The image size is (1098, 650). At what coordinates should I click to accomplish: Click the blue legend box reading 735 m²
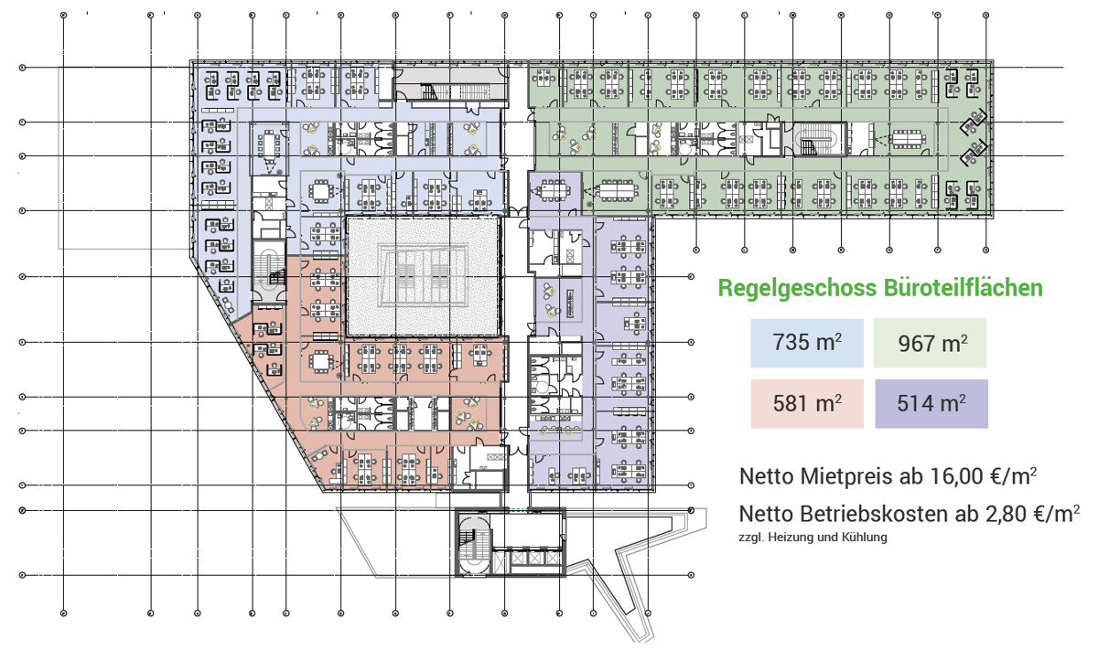pyautogui.click(x=806, y=343)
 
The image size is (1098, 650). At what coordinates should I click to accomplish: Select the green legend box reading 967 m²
pyautogui.click(x=930, y=343)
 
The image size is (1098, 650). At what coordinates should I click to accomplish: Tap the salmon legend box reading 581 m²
pyautogui.click(x=806, y=403)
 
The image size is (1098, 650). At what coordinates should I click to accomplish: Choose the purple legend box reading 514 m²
pyautogui.click(x=930, y=403)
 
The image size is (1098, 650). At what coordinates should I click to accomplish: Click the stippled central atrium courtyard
pyautogui.click(x=422, y=275)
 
